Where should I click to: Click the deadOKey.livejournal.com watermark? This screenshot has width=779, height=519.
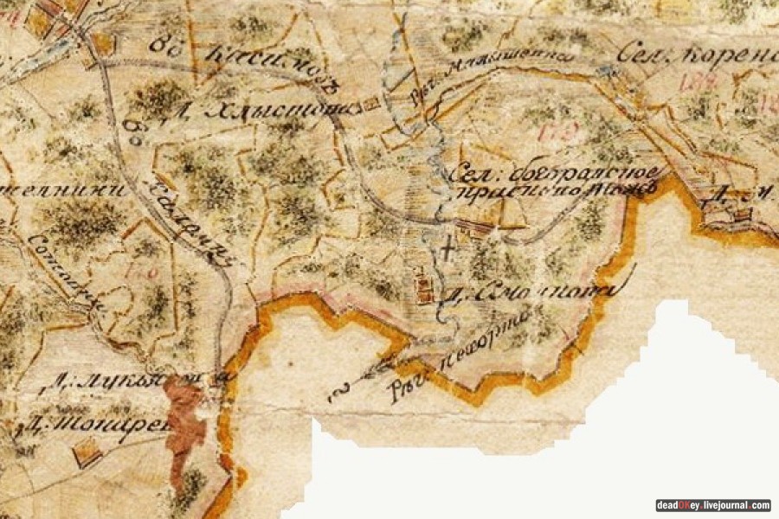point(712,505)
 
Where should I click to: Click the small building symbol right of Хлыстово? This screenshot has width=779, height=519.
point(371,104)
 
